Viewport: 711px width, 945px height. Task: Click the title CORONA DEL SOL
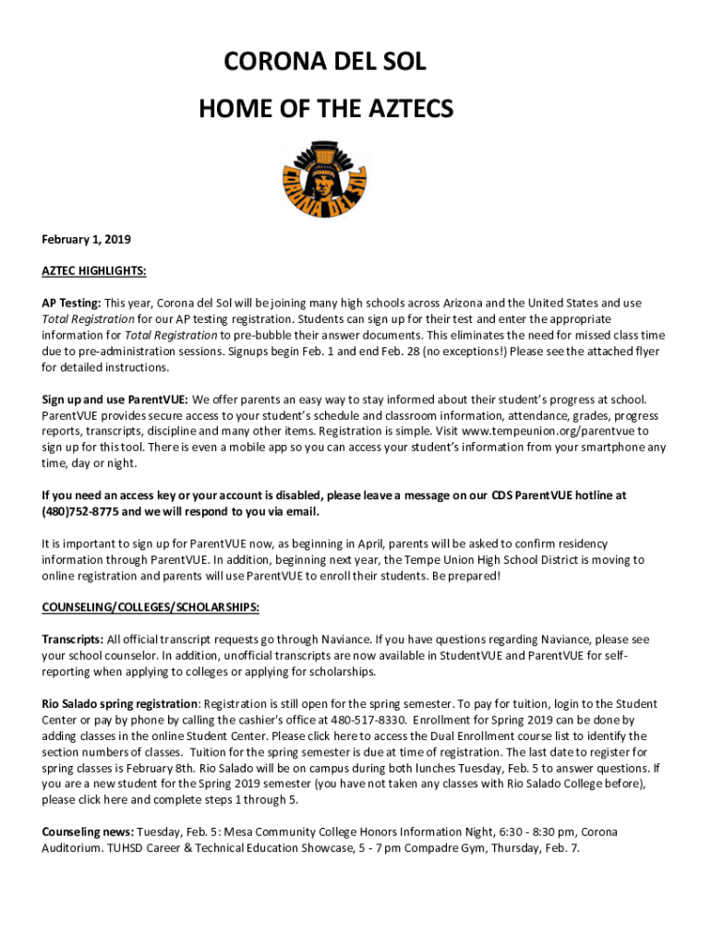[326, 64]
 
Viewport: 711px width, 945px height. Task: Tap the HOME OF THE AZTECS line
[326, 111]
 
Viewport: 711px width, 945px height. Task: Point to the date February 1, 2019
[86, 240]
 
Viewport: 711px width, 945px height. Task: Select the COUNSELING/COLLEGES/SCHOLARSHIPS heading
[151, 607]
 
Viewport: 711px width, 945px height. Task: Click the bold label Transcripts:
[73, 640]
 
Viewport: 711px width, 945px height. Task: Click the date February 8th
[183, 768]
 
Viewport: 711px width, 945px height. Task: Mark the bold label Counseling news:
[88, 831]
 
